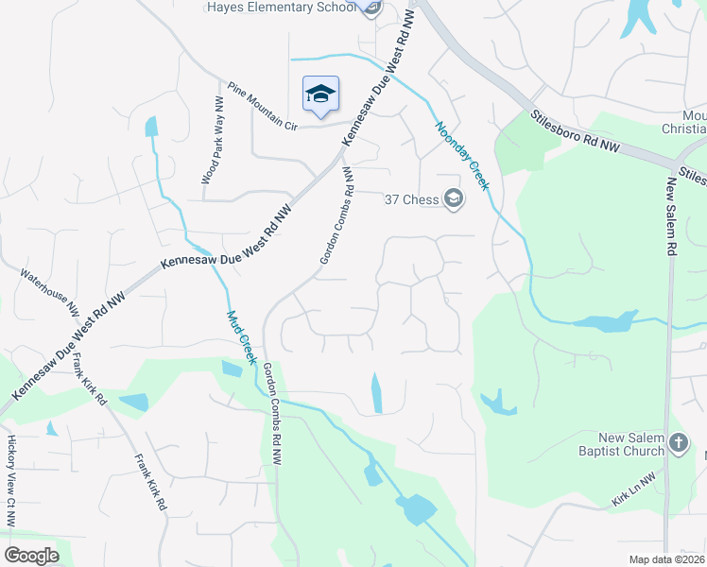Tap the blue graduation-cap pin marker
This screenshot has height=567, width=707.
point(320,94)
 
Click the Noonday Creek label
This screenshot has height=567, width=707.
point(462,156)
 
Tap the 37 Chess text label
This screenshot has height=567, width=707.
point(413,198)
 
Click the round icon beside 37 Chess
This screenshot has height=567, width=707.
point(454,198)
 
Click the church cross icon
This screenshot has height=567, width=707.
point(678,442)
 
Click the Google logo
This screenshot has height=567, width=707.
point(31,556)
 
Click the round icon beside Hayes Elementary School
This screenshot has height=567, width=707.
point(371,8)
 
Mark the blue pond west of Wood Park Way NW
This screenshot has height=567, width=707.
point(151,126)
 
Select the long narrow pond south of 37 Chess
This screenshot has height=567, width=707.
point(377,392)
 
